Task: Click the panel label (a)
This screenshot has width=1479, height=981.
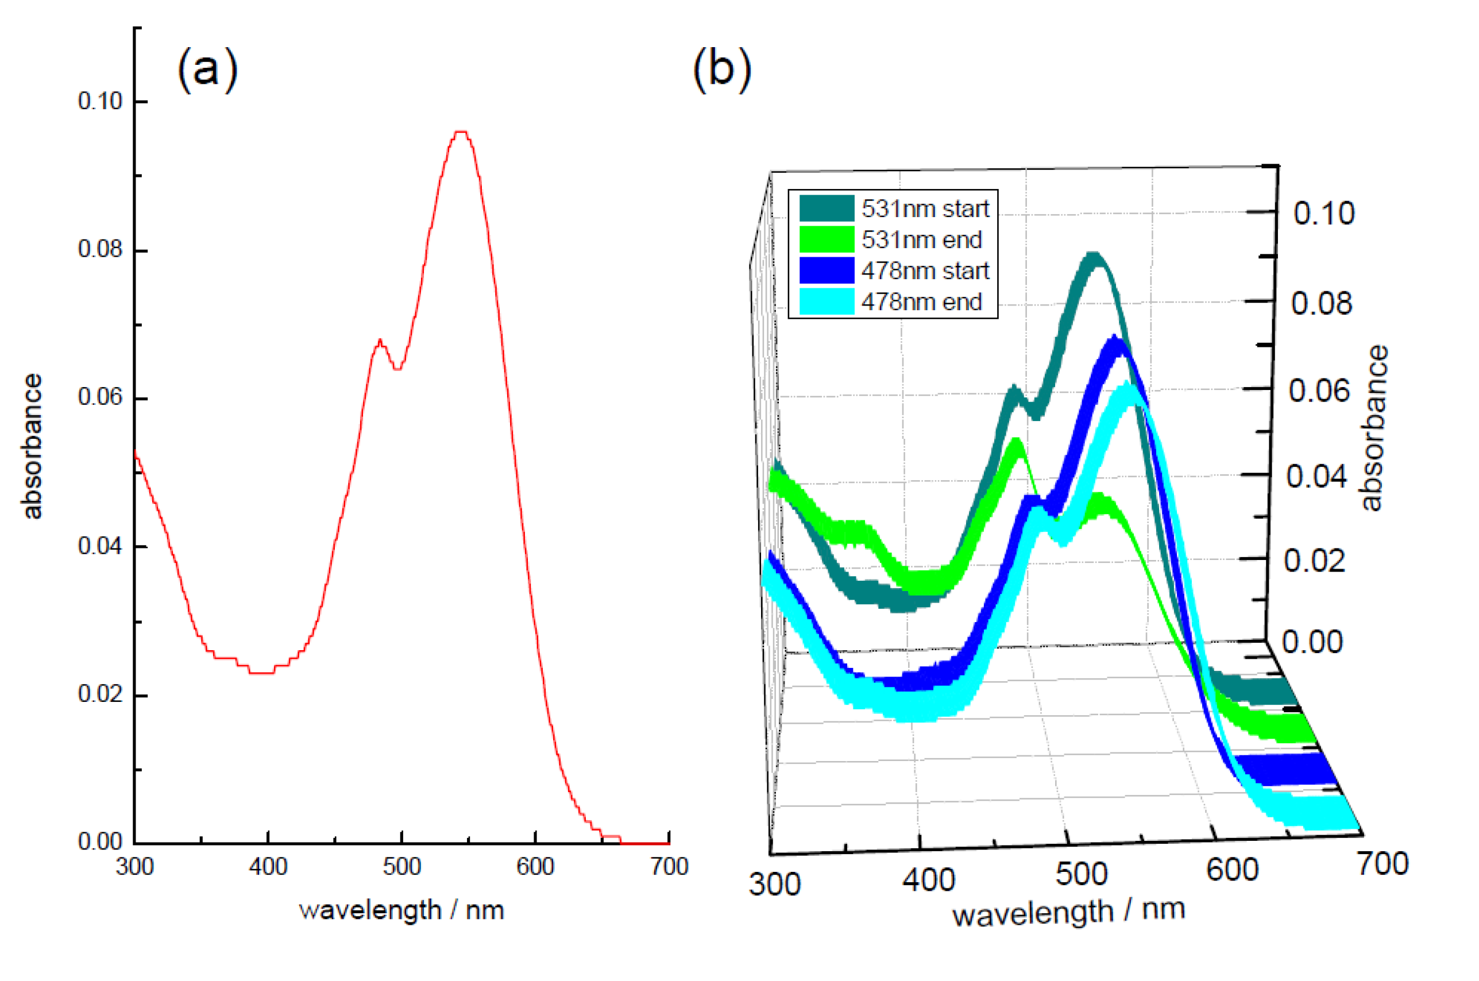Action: (x=207, y=69)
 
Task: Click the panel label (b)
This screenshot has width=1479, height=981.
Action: (x=722, y=69)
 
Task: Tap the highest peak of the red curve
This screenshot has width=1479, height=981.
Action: (x=461, y=132)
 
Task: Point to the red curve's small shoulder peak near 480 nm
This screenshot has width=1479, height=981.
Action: (x=380, y=341)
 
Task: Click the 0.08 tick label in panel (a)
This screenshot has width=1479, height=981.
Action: (x=99, y=249)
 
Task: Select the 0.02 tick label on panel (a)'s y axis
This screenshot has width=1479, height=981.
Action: (x=99, y=694)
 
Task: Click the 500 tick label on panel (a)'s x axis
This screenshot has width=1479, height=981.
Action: (x=401, y=867)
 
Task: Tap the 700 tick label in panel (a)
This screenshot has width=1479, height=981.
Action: (x=668, y=867)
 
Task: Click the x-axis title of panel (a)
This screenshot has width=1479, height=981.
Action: (x=401, y=910)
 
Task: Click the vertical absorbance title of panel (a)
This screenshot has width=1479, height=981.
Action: (x=32, y=446)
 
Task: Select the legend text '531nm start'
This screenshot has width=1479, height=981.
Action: (x=925, y=209)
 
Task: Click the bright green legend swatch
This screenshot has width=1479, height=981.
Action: (x=826, y=240)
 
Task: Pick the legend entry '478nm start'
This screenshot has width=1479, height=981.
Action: (x=925, y=271)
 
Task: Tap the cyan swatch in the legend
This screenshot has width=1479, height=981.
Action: (x=826, y=302)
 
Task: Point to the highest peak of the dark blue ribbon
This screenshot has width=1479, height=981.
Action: (x=1115, y=341)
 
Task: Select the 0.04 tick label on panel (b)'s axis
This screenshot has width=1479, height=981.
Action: (x=1316, y=477)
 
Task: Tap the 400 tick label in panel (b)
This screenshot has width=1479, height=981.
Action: (x=928, y=880)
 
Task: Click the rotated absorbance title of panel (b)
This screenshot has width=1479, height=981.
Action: (x=1374, y=428)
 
